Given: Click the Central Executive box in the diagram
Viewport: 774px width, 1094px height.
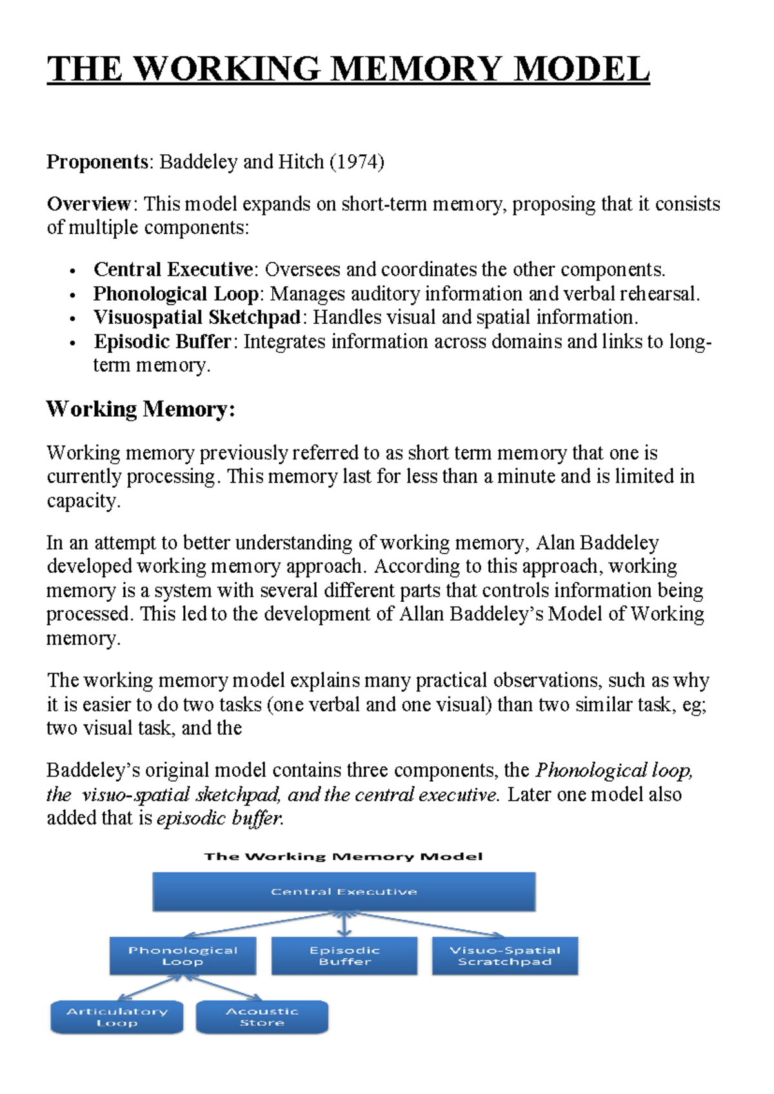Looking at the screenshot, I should (x=344, y=891).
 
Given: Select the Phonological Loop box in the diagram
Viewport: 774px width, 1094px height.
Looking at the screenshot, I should (x=183, y=955).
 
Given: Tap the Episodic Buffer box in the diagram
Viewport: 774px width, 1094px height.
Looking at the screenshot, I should (x=344, y=955).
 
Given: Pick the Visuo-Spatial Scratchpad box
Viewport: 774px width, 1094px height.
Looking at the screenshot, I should (x=505, y=955).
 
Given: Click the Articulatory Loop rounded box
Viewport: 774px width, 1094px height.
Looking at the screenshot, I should (x=117, y=1017).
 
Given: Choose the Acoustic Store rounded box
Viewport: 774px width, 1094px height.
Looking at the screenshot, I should (x=262, y=1017).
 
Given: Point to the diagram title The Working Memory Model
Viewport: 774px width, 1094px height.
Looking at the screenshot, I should (x=343, y=857).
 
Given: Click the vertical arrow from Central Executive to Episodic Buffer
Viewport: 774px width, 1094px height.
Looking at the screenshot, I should (x=344, y=924).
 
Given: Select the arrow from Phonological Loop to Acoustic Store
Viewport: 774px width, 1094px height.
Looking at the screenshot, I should (x=226, y=989).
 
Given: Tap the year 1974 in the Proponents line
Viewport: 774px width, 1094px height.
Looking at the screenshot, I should (x=357, y=161).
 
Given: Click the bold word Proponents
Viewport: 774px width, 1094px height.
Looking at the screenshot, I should (x=97, y=161).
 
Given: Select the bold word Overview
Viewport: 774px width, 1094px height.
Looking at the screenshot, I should (x=89, y=204).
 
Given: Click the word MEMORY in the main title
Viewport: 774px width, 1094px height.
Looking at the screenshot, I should (x=417, y=69).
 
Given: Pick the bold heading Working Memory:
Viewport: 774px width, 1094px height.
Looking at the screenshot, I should (x=141, y=409).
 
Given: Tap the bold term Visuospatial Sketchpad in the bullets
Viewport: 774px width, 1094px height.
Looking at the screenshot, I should (x=197, y=317).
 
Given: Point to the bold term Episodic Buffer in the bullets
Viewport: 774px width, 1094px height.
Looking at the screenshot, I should (x=163, y=341).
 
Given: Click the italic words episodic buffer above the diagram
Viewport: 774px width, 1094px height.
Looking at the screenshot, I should (x=219, y=819).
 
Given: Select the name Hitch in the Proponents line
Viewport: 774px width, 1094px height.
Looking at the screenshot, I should (x=301, y=161).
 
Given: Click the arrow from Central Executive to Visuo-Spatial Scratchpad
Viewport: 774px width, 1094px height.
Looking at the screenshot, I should (x=426, y=924).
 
